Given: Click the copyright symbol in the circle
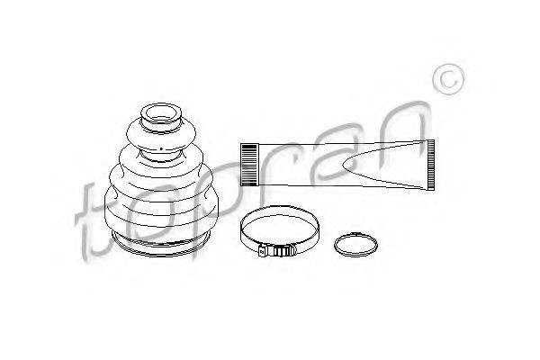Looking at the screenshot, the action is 448,79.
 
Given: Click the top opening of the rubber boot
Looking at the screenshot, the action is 161,113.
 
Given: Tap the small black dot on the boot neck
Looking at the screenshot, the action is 161,148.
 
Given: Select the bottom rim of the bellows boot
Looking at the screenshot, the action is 161,245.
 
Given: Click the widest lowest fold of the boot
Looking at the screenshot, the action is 161,213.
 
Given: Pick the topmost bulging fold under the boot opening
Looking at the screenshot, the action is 161,135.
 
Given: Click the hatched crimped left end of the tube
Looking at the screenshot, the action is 249,165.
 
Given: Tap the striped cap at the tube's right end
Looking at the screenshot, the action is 430,165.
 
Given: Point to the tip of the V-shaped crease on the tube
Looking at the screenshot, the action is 344,165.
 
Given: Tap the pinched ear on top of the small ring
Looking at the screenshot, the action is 355,234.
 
